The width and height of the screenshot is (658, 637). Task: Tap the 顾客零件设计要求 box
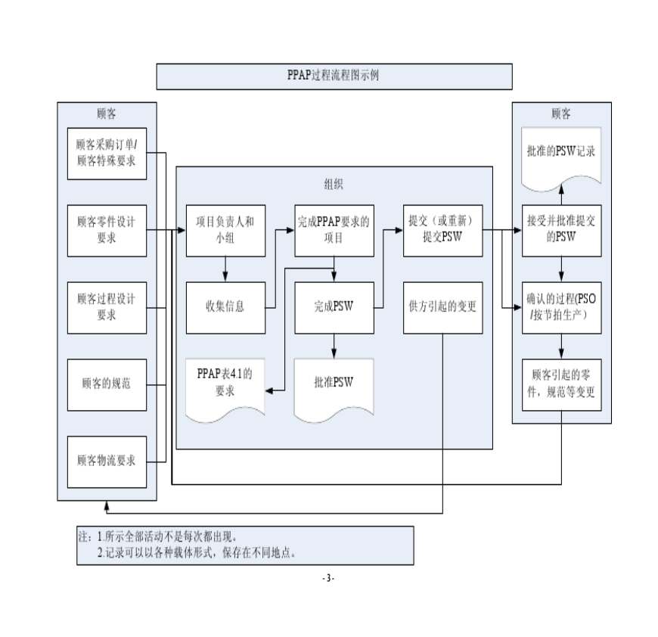pyautogui.click(x=107, y=230)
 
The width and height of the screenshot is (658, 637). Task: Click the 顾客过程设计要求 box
pyautogui.click(x=107, y=306)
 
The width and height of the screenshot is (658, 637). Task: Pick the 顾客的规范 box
pyautogui.click(x=107, y=384)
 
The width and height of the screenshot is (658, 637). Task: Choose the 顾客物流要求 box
pyautogui.click(x=107, y=461)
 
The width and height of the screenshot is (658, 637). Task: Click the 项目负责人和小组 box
pyautogui.click(x=225, y=230)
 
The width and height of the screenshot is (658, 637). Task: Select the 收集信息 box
pyautogui.click(x=225, y=307)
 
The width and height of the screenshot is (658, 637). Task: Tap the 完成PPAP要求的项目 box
pyautogui.click(x=334, y=230)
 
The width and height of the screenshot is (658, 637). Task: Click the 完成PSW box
pyautogui.click(x=334, y=307)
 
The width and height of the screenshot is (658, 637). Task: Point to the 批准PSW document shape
pyautogui.click(x=334, y=383)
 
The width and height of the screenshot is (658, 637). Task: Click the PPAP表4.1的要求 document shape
pyautogui.click(x=225, y=382)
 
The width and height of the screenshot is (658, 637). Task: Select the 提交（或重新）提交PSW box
pyautogui.click(x=442, y=230)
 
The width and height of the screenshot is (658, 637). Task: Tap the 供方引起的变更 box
pyautogui.click(x=442, y=307)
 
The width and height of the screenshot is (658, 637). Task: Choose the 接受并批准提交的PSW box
pyautogui.click(x=561, y=230)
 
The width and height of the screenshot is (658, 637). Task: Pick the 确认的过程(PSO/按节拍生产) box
pyautogui.click(x=561, y=307)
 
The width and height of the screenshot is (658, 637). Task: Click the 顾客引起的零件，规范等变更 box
pyautogui.click(x=561, y=384)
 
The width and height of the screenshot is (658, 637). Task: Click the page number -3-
pyautogui.click(x=328, y=578)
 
